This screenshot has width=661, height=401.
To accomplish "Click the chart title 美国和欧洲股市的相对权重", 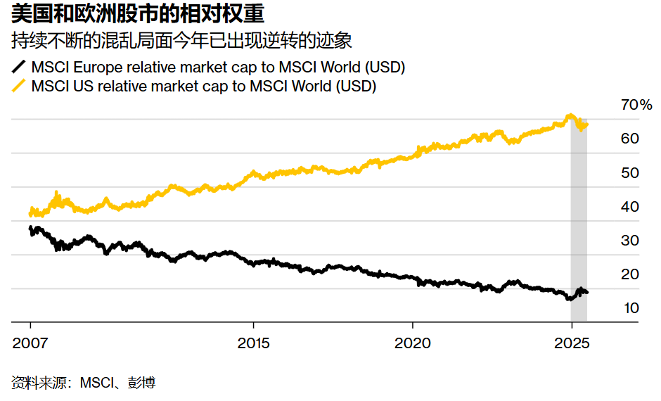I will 138,15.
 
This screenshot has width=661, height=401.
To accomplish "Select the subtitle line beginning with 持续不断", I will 181,41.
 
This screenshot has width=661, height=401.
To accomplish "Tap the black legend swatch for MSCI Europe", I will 19,68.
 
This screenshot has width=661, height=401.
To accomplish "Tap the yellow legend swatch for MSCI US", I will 19,87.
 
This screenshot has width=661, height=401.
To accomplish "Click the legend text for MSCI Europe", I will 218,68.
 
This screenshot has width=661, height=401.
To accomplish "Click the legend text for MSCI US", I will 204,87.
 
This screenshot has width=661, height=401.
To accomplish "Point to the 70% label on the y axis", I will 637,106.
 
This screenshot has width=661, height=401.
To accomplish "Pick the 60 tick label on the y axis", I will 630,139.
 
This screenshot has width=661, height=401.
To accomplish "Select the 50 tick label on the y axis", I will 630,172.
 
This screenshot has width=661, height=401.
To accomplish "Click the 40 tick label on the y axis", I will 630,207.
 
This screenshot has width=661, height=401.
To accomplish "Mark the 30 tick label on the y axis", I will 630,241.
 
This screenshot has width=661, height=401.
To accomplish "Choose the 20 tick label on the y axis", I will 630,274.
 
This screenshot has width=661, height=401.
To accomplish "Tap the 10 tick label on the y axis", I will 630,308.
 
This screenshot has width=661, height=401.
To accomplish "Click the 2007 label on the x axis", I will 30,345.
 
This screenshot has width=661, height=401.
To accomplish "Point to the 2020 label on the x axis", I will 412,345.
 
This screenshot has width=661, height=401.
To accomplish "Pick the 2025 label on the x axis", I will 571,345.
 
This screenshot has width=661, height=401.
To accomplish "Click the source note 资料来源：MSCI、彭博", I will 84,383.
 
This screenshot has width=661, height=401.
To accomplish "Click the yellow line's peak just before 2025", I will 570,116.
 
